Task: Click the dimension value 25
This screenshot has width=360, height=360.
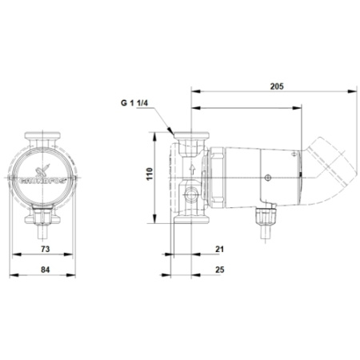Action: [x=220, y=270]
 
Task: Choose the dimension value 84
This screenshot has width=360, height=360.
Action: [x=45, y=270]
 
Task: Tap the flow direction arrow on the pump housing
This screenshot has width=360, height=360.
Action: [x=192, y=169]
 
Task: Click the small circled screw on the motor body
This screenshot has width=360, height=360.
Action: [x=268, y=178]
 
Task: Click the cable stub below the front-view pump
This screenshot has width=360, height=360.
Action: [x=45, y=235]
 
